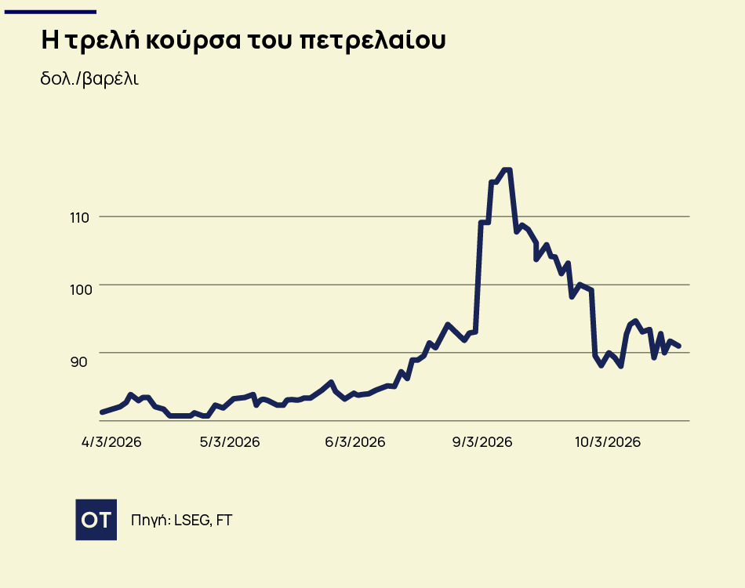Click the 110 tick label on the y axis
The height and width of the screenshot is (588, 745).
[x=81, y=216]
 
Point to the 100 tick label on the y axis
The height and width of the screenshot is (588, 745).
[x=81, y=289]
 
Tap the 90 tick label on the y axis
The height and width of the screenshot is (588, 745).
[x=78, y=361]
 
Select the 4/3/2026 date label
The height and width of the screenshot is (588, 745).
[x=111, y=442]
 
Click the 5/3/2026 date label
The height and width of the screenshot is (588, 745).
[x=230, y=442]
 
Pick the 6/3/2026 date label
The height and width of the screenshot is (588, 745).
[x=355, y=442]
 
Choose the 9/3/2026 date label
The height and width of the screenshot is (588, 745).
[x=482, y=442]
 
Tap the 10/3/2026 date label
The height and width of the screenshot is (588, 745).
[x=608, y=442]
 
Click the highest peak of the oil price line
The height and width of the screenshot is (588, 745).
[x=507, y=170]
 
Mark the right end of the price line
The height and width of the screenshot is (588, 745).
[x=679, y=346]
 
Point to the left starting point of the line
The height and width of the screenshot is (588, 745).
[x=102, y=412]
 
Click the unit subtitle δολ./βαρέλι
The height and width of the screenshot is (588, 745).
[x=89, y=79]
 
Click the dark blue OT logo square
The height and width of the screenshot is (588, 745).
[x=96, y=519]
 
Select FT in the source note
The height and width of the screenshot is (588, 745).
[x=223, y=520]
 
